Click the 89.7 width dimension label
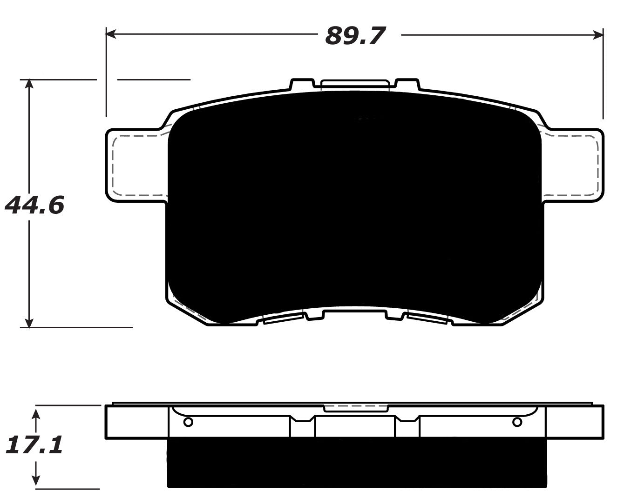[355, 35]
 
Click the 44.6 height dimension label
[34, 205]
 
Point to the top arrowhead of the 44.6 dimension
[29, 84]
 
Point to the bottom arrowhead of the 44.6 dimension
[29, 322]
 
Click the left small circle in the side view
[188, 422]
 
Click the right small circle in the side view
[517, 422]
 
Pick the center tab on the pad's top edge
[355, 83]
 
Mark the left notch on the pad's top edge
[301, 84]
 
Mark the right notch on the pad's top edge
[407, 84]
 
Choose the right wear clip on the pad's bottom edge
[427, 318]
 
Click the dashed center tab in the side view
[356, 408]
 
